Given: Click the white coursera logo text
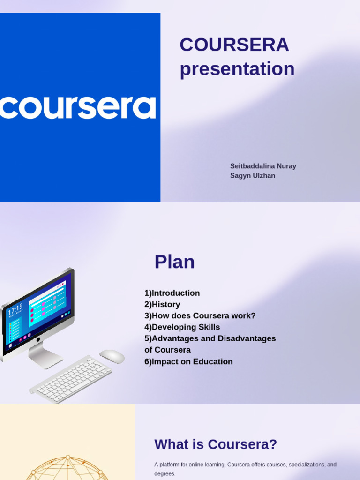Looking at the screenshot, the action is [78, 107].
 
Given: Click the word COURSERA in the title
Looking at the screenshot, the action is [234, 45].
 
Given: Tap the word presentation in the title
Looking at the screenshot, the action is [237, 69].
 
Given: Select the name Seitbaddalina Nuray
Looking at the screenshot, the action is [263, 166].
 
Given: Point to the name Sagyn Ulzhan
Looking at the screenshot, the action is [253, 176].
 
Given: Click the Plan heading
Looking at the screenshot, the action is [174, 262].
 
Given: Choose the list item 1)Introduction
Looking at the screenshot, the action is [172, 293].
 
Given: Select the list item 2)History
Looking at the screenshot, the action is [162, 304].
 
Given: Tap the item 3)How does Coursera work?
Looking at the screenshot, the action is [200, 315].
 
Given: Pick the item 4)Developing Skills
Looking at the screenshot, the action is [182, 327].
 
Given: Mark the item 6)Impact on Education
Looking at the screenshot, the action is [188, 361].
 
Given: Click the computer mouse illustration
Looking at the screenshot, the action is [112, 356].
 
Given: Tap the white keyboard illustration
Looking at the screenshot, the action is [71, 379].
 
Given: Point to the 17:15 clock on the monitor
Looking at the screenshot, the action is [15, 309].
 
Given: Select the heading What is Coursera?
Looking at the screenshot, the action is [216, 444].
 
